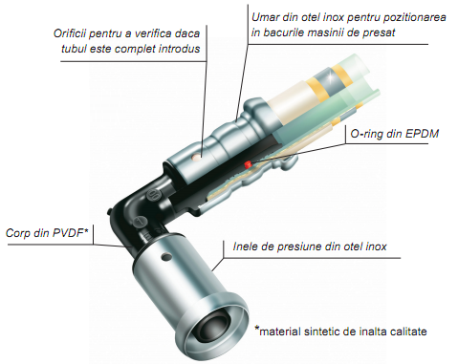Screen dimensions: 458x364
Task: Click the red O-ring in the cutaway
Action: tap(247, 164)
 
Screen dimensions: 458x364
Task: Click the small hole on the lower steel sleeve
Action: tap(166, 257)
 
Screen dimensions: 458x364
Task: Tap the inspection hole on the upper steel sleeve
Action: tap(198, 157)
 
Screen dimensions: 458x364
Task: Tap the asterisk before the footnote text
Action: tap(257, 329)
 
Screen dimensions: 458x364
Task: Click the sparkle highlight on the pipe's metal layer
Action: tap(331, 76)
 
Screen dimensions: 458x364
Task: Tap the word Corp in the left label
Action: tap(18, 233)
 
